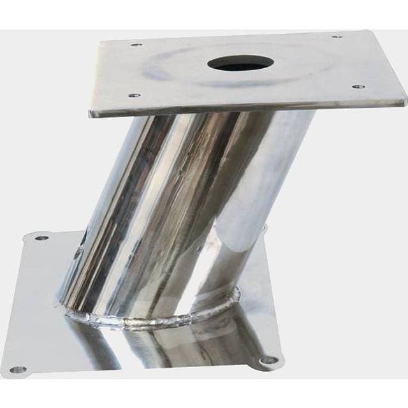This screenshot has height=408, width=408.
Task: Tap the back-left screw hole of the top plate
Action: click(x=135, y=45)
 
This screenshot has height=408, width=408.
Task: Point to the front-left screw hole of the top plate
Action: click(x=134, y=96)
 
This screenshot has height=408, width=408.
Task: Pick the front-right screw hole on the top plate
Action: click(x=358, y=86)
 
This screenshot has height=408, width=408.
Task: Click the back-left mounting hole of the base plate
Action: click(x=41, y=238)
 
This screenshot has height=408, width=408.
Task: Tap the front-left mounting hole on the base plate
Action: click(x=18, y=368)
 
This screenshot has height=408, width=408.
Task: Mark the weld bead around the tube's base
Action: click(x=159, y=319)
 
